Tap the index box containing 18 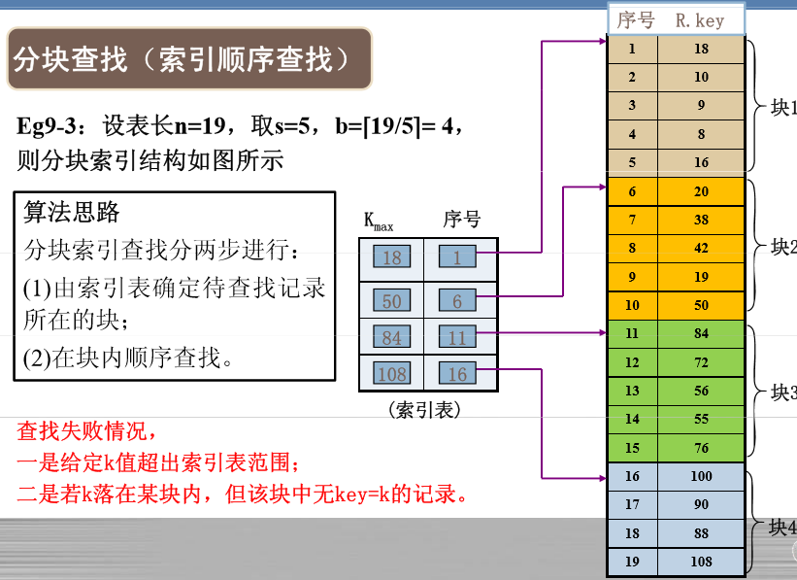[391, 257]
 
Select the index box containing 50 [391, 301]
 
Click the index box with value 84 [391, 337]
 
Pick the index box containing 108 [391, 374]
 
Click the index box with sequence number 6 [457, 301]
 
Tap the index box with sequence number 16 [457, 374]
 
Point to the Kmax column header [379, 221]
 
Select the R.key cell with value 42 [702, 248]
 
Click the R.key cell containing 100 [702, 476]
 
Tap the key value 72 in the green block [702, 362]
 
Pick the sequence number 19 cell [632, 562]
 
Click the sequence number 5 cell [632, 162]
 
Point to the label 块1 [782, 107]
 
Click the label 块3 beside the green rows [782, 392]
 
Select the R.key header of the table [700, 20]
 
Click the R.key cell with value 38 [702, 220]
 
